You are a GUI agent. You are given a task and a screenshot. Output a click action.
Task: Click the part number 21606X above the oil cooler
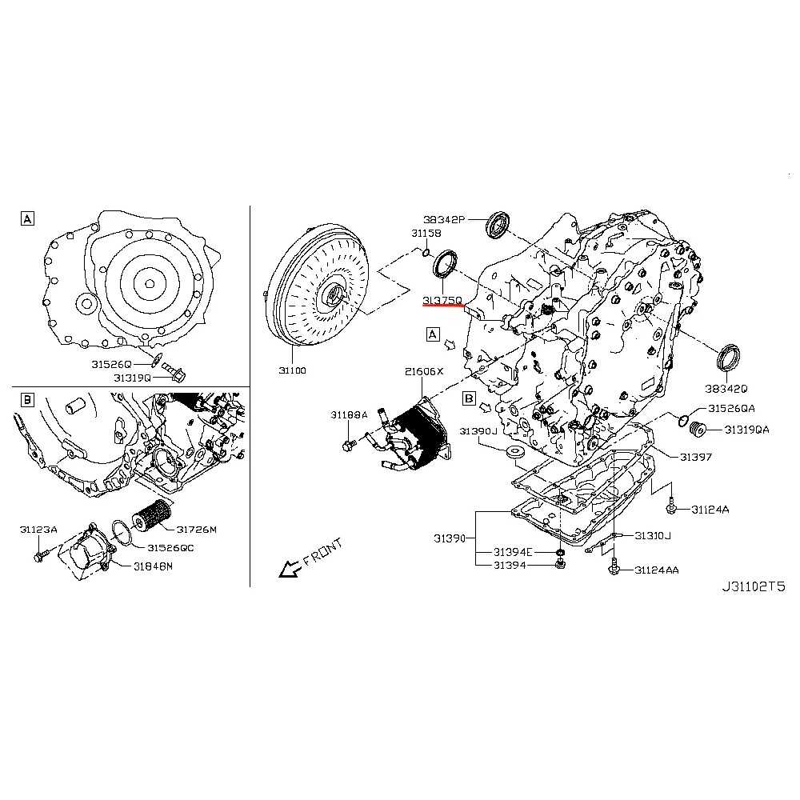click(x=423, y=372)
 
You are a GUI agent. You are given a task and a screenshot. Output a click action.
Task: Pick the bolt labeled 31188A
click(x=350, y=442)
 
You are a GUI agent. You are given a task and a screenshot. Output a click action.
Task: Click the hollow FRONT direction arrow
click(x=288, y=569)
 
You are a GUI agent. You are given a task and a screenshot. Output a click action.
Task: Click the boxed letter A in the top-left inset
click(x=27, y=218)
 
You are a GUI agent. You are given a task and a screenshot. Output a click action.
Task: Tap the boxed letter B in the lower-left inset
click(x=27, y=398)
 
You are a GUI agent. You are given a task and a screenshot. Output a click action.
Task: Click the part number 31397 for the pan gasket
click(x=696, y=457)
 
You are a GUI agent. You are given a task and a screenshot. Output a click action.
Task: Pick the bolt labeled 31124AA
click(x=612, y=566)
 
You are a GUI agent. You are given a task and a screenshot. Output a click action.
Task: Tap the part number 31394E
click(x=513, y=552)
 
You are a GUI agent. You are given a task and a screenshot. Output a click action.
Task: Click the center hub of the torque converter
click(x=330, y=295)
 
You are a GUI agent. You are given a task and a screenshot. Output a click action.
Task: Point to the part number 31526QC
click(x=170, y=547)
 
